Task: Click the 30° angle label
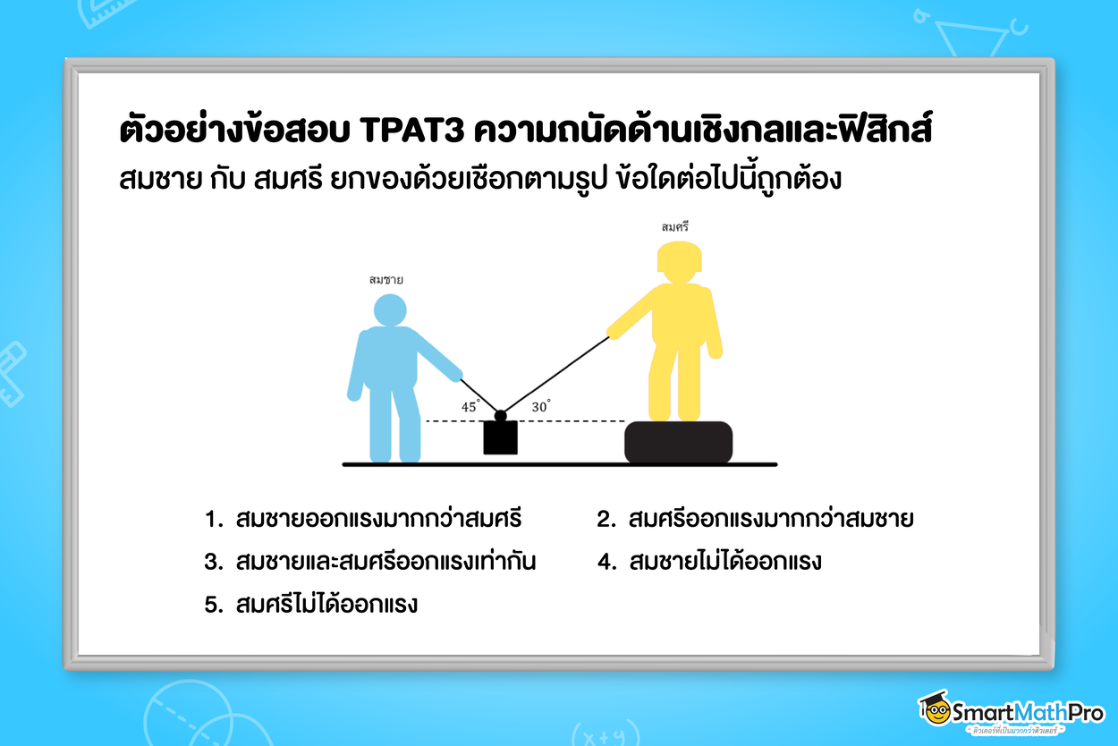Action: point(540,406)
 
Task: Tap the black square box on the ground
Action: point(501,437)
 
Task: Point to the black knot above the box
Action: point(501,416)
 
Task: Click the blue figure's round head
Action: point(389,309)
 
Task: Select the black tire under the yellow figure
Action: point(678,442)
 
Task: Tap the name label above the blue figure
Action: point(386,280)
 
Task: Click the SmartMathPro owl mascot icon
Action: point(936,708)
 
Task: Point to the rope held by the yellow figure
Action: point(555,376)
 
